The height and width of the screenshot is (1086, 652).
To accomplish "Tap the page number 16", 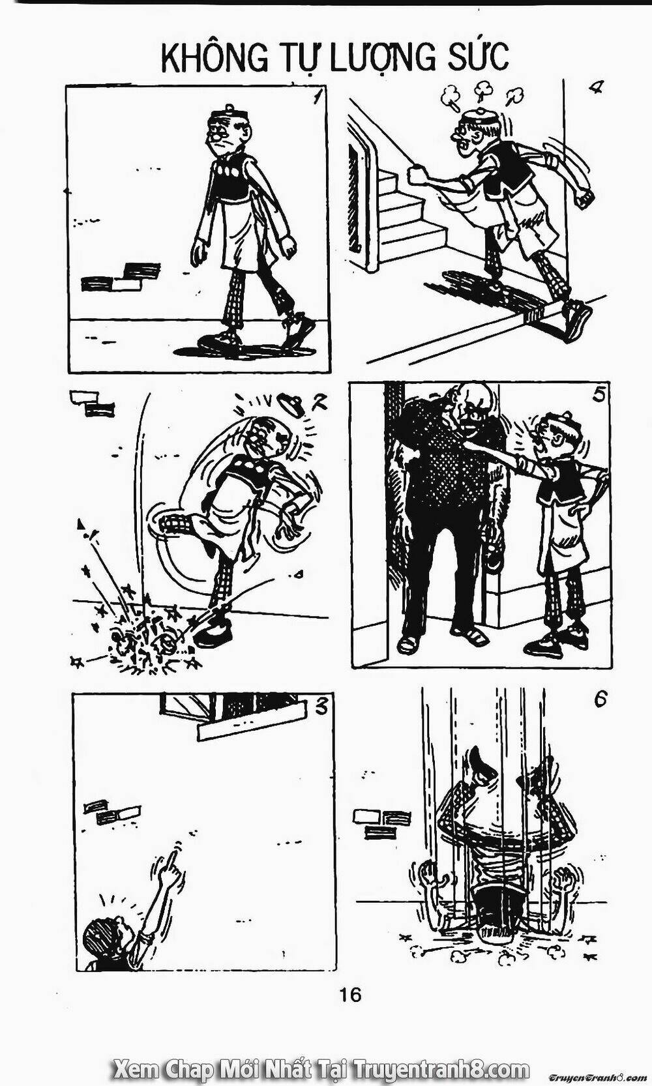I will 349,994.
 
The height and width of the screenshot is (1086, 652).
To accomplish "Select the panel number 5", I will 600,394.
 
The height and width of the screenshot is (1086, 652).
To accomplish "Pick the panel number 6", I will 600,699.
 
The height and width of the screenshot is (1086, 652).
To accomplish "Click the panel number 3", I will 321,706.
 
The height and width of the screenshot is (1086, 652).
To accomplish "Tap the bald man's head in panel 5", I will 468,402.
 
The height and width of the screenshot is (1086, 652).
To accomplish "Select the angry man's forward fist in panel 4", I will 416,175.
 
